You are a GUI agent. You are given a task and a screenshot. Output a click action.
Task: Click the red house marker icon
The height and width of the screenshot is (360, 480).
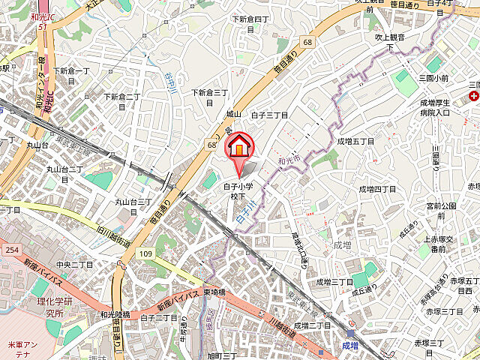click(x=239, y=145)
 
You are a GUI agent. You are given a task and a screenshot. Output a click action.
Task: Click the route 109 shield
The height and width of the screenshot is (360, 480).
click(x=145, y=254)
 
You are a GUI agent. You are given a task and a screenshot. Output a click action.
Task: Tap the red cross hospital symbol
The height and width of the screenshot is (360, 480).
click(x=473, y=97)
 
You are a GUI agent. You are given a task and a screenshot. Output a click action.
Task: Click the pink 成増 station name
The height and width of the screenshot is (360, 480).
click(x=350, y=346)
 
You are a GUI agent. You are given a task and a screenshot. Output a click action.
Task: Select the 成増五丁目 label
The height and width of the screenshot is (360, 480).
click(x=355, y=140)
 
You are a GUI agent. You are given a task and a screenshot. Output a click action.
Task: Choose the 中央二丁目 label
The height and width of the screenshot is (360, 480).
click(x=73, y=265)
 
